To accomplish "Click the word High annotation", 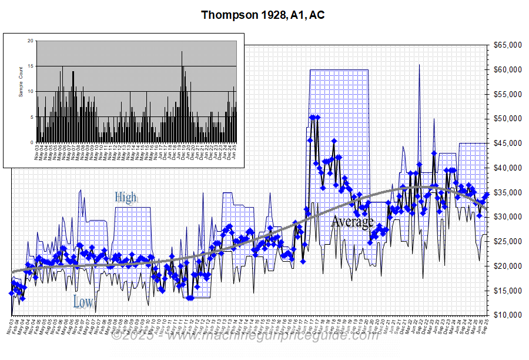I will [125, 197].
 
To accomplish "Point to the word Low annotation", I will [83, 302].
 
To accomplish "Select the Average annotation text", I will [352, 222].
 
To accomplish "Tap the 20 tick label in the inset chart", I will [31, 41].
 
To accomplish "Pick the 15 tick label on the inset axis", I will [31, 66].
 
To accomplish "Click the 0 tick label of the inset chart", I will [32, 142].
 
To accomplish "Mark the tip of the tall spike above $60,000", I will [419, 64].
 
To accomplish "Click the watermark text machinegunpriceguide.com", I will [247, 336].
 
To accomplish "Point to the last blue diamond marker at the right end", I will [487, 195].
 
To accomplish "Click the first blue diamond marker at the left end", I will [11, 293].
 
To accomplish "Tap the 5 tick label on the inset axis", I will [32, 117].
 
